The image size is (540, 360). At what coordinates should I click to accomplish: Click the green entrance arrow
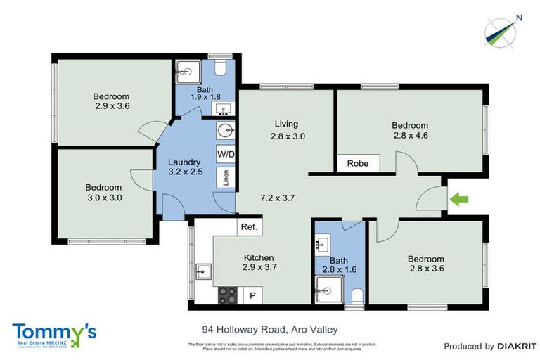459,200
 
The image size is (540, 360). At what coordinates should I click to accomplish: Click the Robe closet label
358,163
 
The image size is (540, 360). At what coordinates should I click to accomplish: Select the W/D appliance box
226,153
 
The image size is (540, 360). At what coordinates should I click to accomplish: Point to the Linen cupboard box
226,176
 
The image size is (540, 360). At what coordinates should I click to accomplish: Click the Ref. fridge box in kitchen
249,226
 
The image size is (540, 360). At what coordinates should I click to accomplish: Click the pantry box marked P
252,295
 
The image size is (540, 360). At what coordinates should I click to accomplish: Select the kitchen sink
205,270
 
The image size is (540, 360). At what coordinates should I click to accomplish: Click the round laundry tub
226,131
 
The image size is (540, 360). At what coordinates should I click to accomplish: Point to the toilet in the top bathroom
219,68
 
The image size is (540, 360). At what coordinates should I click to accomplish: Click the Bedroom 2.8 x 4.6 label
410,131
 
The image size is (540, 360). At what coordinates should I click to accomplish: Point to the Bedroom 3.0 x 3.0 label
103,193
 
